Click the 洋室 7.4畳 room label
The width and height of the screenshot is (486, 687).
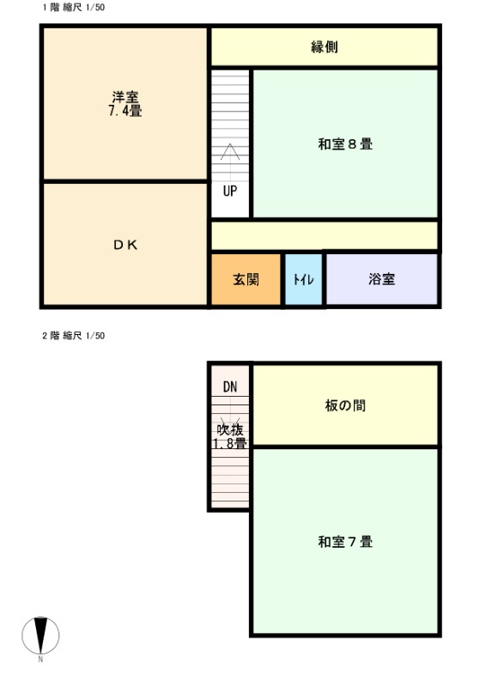[x=125, y=104]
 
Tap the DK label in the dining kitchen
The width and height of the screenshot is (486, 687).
[x=125, y=245]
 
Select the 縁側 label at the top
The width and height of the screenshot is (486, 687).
[x=325, y=47]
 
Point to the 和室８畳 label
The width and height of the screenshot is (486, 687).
[x=345, y=144]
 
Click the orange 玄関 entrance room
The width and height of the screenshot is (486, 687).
[x=246, y=279]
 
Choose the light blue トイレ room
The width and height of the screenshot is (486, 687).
[x=304, y=279]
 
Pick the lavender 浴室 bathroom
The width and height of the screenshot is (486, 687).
[x=382, y=279]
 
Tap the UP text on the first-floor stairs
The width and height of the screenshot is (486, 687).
[x=230, y=191]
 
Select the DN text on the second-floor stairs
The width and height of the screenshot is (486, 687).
[x=230, y=386]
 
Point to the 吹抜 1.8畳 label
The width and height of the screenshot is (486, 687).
[x=230, y=436]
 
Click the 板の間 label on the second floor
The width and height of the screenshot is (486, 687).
[x=345, y=405]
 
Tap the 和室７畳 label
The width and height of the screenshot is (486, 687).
[x=345, y=542]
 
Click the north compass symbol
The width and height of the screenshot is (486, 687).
[x=40, y=635]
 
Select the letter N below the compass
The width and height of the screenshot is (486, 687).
[x=40, y=659]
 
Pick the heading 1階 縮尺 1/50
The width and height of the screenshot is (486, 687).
[x=74, y=8]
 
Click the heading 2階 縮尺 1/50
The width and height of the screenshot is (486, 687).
[x=74, y=336]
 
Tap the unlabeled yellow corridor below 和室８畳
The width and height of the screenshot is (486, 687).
[x=325, y=235]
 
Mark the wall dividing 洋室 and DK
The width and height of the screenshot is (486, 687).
[x=125, y=181]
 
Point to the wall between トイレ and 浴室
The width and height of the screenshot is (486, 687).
[x=325, y=278]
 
